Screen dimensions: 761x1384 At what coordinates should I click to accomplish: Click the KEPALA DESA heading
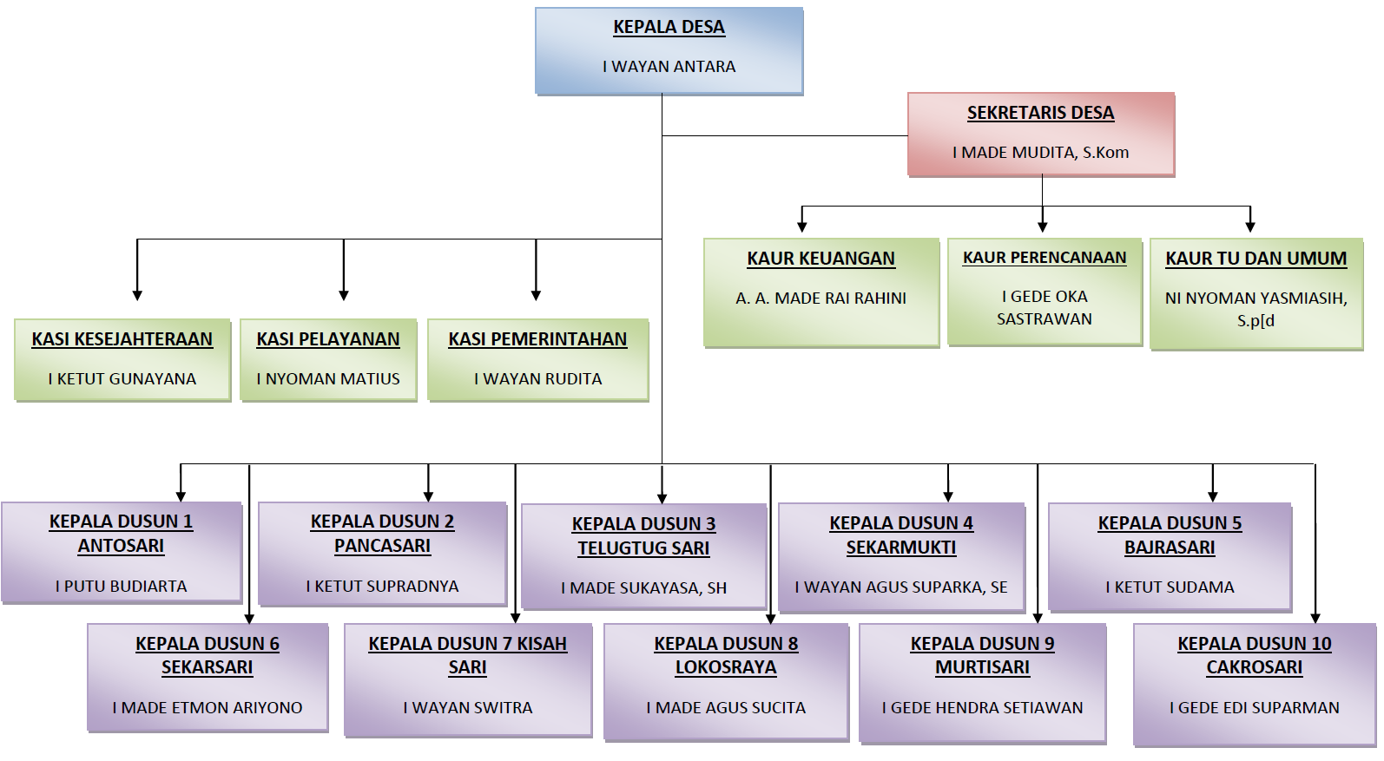(x=669, y=27)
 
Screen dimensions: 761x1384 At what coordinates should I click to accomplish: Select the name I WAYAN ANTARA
(x=669, y=67)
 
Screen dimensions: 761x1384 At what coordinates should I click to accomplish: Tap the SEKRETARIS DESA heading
(x=1040, y=113)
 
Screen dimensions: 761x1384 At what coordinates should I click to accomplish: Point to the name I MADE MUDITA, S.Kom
(x=1040, y=153)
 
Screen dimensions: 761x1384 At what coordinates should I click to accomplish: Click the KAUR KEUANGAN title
(x=821, y=259)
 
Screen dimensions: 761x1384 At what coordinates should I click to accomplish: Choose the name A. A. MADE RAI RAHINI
(x=821, y=298)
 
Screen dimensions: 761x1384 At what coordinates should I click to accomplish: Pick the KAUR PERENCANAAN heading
(x=1044, y=258)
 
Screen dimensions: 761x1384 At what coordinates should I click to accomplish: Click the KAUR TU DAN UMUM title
(x=1255, y=259)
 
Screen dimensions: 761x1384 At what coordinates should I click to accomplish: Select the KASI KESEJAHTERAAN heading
(x=122, y=339)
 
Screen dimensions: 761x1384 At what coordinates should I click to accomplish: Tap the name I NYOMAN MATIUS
(x=328, y=379)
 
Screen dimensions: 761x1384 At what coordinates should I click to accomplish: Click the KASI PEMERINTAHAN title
(x=537, y=339)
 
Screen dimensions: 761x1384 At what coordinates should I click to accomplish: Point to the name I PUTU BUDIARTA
(x=121, y=587)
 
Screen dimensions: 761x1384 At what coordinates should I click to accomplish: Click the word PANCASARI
(x=382, y=546)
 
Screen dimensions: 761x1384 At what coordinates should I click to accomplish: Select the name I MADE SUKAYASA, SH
(x=643, y=588)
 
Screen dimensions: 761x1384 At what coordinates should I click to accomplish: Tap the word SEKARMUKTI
(x=901, y=548)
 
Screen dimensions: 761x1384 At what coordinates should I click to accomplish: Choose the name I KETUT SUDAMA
(x=1170, y=587)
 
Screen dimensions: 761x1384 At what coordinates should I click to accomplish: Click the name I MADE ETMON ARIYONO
(x=208, y=708)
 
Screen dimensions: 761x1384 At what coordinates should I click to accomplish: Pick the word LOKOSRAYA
(x=726, y=667)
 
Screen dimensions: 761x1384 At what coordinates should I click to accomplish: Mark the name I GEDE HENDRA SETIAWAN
(x=982, y=708)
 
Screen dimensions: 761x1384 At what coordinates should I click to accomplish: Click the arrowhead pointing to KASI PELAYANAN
(x=344, y=295)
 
